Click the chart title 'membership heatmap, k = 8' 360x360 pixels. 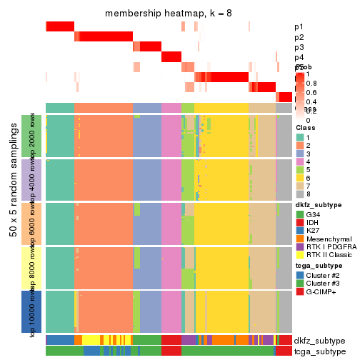(169, 14)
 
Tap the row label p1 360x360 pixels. (299, 27)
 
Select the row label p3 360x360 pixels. (299, 47)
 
